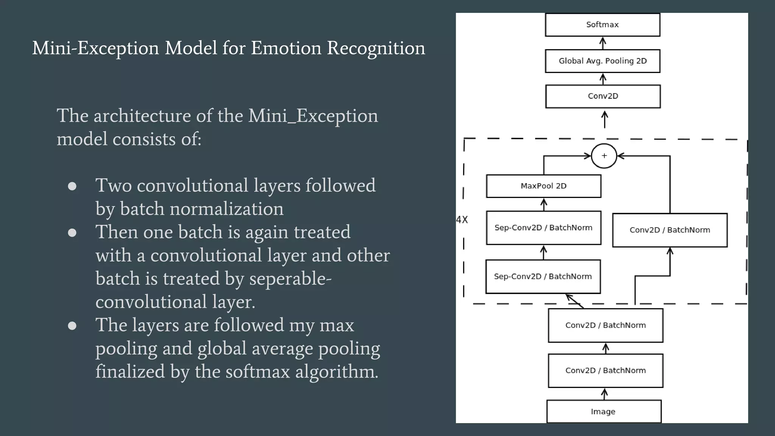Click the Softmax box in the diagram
click(602, 25)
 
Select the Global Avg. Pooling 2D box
click(602, 61)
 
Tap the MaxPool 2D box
click(543, 186)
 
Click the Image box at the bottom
click(604, 411)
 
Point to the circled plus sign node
click(604, 156)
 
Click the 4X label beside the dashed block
click(462, 220)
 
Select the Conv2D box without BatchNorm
click(603, 96)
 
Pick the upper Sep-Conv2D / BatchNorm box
click(543, 227)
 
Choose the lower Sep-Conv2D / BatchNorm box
click(543, 276)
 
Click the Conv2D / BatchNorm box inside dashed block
click(670, 230)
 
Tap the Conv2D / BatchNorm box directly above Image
click(605, 371)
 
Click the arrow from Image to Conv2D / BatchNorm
click(605, 394)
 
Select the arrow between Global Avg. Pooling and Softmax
click(603, 43)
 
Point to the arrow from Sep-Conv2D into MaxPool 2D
click(544, 204)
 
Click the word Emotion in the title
click(286, 48)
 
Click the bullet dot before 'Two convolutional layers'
click(72, 186)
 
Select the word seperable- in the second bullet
click(290, 279)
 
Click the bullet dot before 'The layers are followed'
click(72, 326)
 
